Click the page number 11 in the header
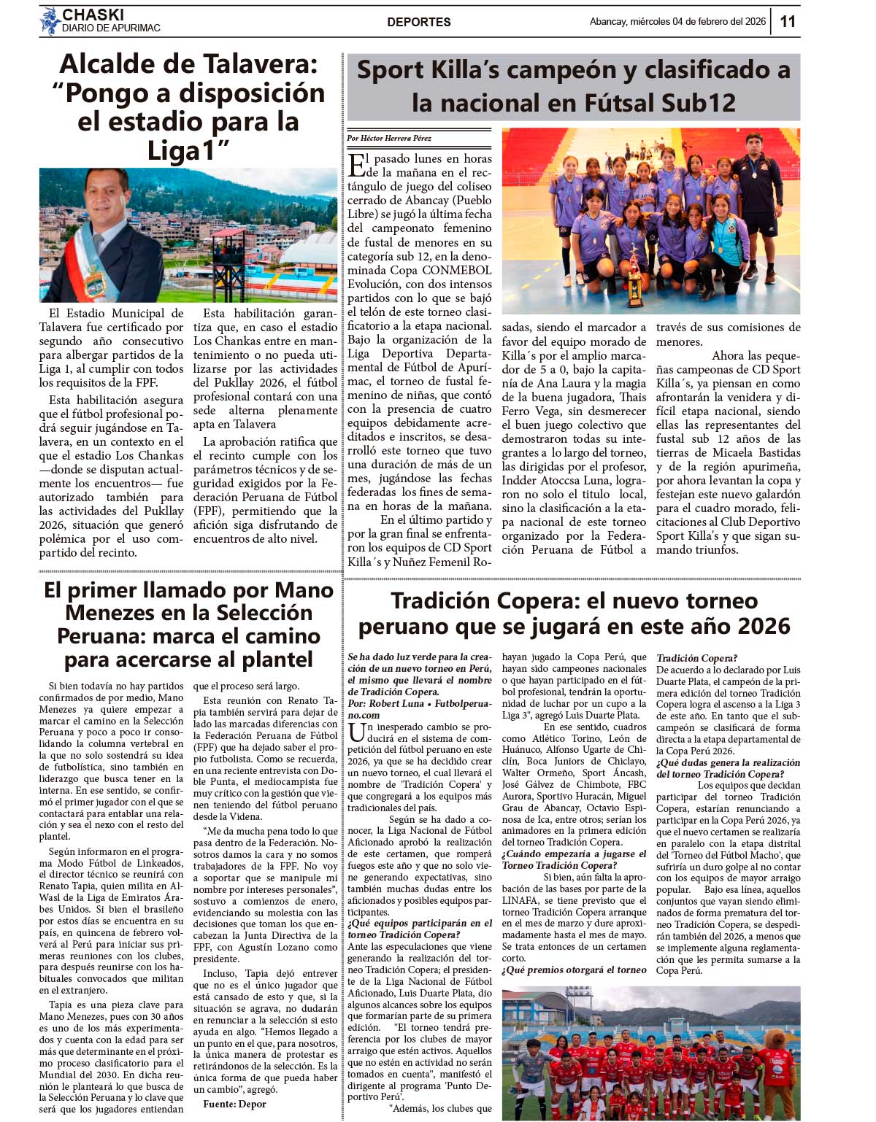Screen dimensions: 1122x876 click(788, 21)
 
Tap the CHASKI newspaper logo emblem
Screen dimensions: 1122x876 click(50, 21)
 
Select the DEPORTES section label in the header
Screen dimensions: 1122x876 click(418, 22)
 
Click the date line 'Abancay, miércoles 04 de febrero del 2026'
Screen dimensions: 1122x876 click(677, 22)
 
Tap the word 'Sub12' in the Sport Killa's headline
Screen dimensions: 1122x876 click(699, 103)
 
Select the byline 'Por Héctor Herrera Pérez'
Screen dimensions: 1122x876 click(388, 138)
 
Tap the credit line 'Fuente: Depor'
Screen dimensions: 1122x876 click(234, 1104)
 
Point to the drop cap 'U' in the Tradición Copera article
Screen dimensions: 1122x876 click(356, 732)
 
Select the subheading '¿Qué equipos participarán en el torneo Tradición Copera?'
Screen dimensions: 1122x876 click(420, 929)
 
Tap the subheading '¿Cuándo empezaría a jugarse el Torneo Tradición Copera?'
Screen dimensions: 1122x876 click(574, 859)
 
